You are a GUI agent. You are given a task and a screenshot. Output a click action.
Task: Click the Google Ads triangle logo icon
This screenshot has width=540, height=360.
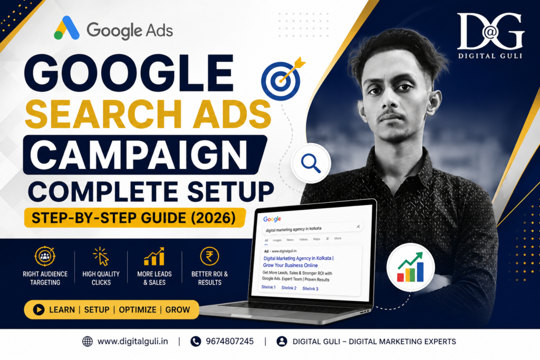67,28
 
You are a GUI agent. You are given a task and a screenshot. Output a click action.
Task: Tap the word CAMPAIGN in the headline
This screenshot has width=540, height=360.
139,155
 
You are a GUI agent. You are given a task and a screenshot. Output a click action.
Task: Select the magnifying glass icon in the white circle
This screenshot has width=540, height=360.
311,163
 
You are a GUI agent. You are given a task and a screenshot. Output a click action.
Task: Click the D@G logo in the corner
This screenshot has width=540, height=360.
490,31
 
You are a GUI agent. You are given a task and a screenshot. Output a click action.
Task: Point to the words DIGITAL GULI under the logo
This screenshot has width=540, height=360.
490,56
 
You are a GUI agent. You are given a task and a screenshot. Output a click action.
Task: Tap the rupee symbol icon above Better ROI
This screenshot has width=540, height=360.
209,256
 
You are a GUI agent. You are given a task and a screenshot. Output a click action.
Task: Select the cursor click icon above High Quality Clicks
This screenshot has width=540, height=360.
101,256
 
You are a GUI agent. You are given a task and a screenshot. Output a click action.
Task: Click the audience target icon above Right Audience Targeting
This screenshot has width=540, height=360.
45,256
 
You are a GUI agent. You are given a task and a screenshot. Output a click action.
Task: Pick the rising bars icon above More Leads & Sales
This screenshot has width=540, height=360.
155,256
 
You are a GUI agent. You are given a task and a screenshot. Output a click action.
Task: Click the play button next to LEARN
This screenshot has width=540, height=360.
38,310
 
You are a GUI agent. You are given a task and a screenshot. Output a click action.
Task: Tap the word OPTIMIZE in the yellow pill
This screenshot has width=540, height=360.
138,310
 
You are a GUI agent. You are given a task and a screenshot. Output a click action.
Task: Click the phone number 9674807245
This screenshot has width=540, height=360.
230,342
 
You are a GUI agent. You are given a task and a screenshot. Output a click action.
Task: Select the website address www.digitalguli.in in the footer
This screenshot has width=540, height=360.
132,342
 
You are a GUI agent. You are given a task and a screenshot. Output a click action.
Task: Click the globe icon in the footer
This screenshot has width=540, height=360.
88,342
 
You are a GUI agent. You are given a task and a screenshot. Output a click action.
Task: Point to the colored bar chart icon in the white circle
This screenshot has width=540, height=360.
410,267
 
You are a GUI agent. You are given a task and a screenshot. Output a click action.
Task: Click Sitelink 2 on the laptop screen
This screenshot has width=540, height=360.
288,288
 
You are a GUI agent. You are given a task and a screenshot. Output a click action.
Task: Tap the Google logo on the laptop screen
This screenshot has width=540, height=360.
272,219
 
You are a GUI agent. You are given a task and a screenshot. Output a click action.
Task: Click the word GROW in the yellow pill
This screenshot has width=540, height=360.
177,310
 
